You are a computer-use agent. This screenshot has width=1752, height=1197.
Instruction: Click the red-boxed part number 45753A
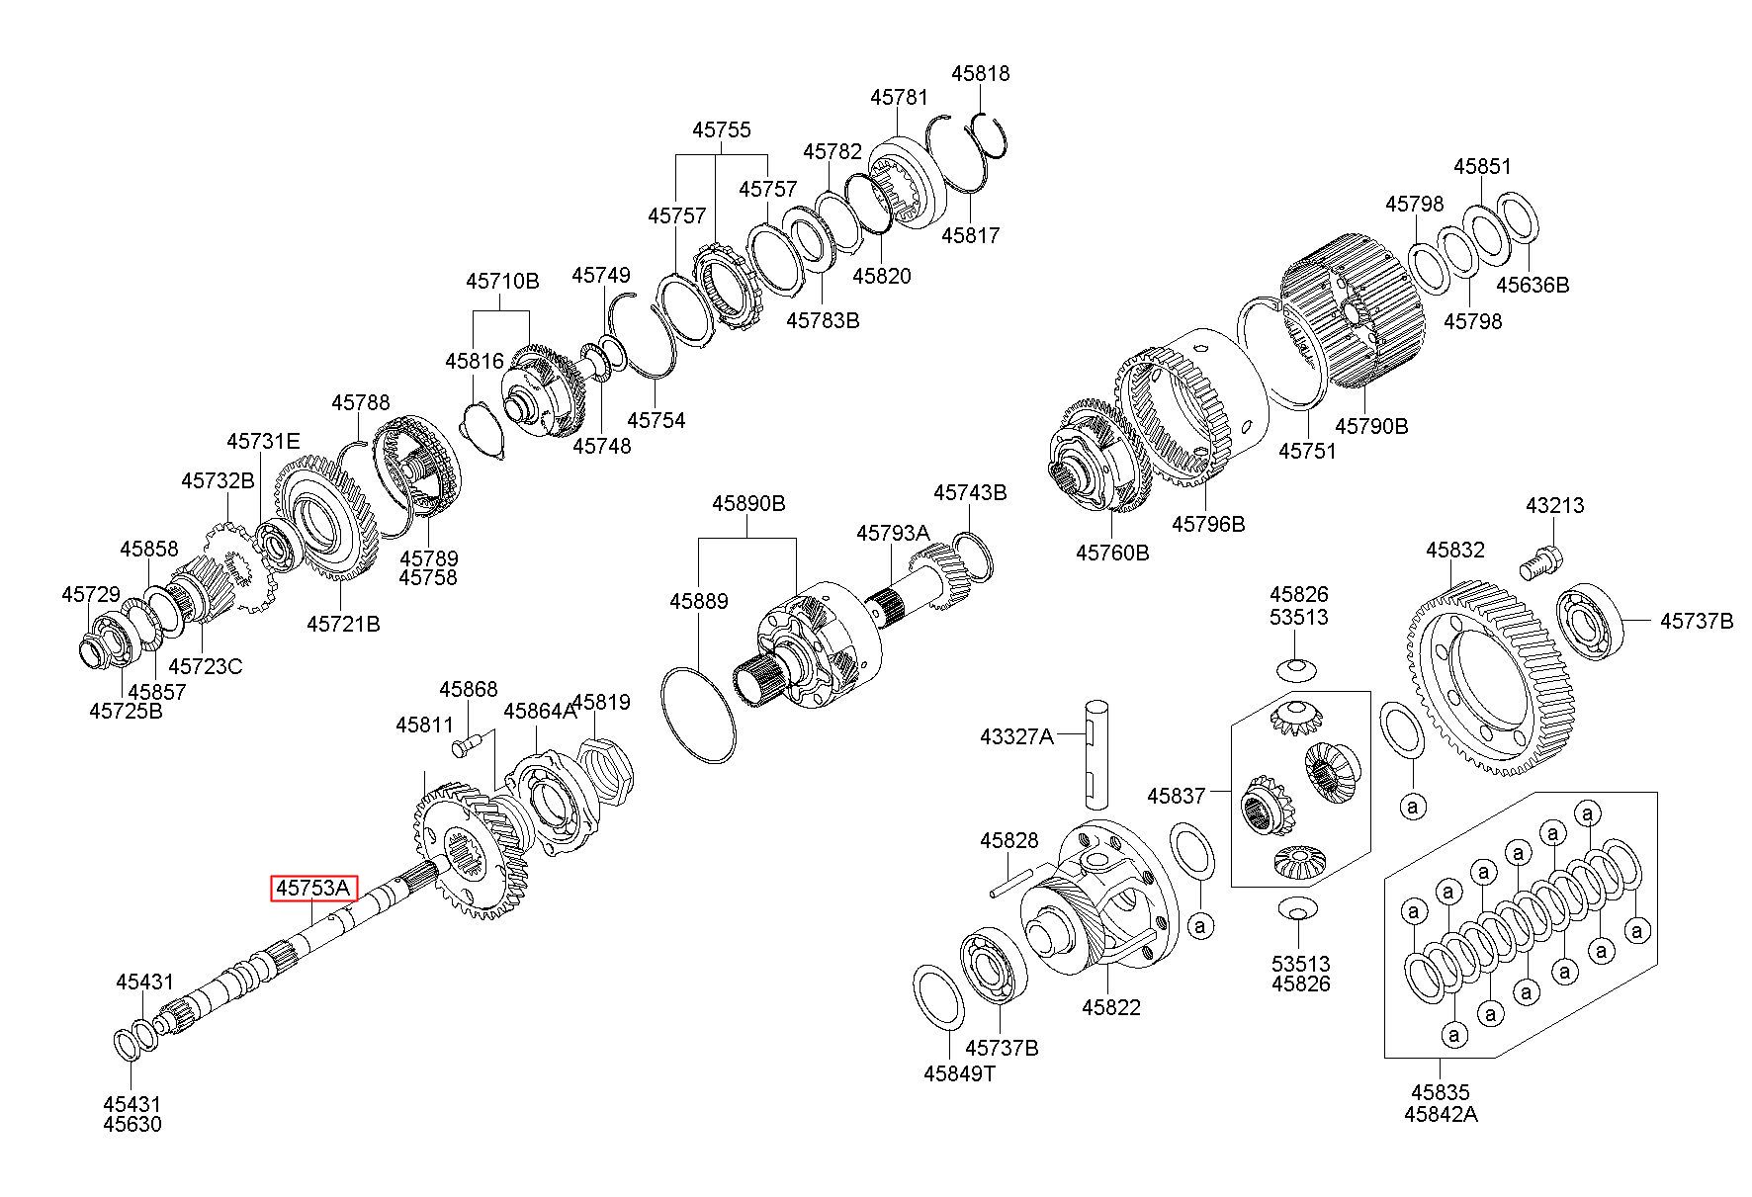pos(314,889)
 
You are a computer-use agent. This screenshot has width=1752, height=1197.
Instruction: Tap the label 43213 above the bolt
pos(1554,505)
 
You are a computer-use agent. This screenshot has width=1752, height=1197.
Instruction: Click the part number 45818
pos(981,73)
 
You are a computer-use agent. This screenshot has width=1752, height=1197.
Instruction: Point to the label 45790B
pos(1371,426)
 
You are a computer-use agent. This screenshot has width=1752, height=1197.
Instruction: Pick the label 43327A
pos(1016,736)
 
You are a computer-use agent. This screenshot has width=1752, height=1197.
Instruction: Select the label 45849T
pos(959,1073)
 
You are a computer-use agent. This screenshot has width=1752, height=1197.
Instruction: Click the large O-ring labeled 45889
pos(699,716)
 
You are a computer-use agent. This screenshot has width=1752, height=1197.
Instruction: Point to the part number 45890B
pos(748,504)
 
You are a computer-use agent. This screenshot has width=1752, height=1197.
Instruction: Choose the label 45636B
pos(1532,285)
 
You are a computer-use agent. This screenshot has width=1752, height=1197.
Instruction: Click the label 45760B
pos(1112,552)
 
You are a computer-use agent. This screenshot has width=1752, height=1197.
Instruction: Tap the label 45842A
pos(1441,1114)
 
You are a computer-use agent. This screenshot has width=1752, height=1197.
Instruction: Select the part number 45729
pos(91,594)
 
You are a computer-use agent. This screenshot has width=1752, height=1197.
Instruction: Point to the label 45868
pos(469,689)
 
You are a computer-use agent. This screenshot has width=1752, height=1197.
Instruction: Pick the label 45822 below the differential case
pos(1110,1007)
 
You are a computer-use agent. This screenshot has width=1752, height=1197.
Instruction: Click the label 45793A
pos(893,533)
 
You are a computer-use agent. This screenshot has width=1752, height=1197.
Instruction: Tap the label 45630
pos(132,1124)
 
